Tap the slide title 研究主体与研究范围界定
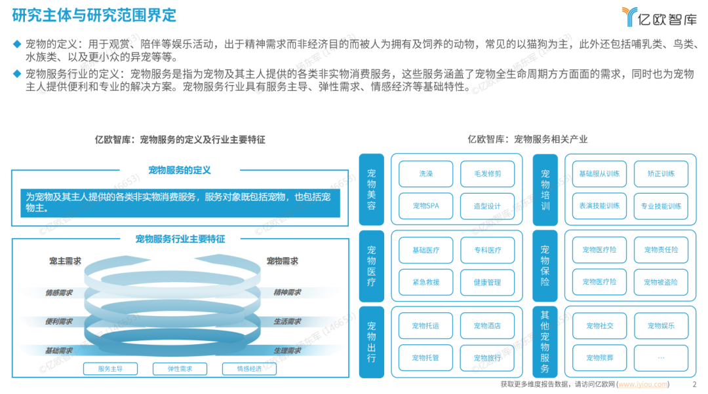[x=94, y=14]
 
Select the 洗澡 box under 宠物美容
[x=425, y=174]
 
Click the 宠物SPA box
[x=425, y=206]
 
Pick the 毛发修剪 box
[x=487, y=174]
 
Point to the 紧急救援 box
[x=425, y=282]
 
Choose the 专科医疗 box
[x=487, y=250]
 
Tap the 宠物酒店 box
[x=487, y=325]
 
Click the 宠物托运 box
[x=425, y=325]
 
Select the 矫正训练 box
[x=660, y=174]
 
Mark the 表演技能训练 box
[x=599, y=206]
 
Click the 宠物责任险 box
[x=660, y=250]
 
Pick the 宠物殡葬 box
[x=599, y=357]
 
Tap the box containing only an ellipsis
[x=660, y=357]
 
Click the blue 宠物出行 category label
[x=372, y=341]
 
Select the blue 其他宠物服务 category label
[x=545, y=341]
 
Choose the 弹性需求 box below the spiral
[x=172, y=368]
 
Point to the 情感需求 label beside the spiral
[x=59, y=293]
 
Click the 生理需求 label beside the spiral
[x=287, y=350]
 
